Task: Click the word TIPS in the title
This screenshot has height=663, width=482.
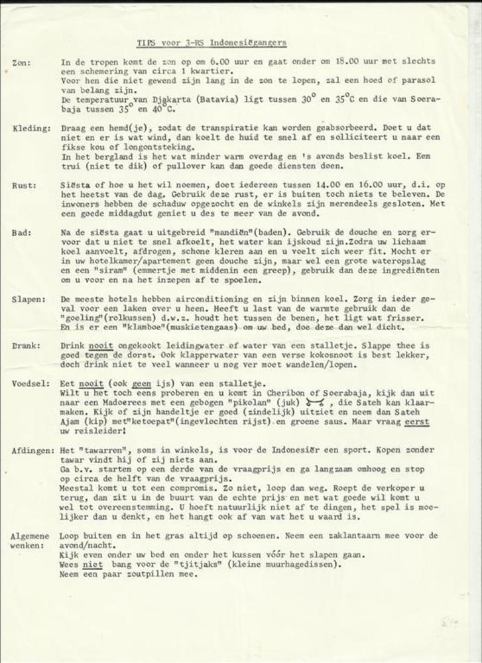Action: click(x=146, y=42)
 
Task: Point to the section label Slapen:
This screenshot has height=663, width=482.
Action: click(x=29, y=300)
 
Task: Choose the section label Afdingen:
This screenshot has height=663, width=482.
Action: click(x=32, y=450)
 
